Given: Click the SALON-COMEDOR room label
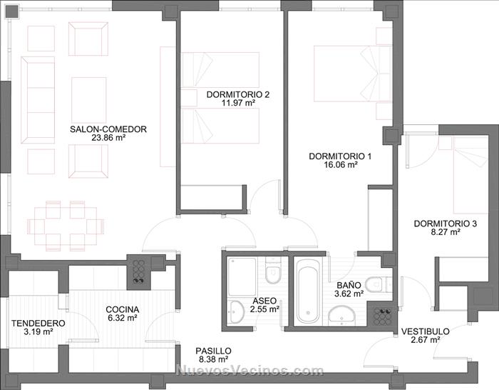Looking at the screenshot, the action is [x=108, y=129].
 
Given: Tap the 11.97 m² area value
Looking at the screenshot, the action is [x=238, y=103].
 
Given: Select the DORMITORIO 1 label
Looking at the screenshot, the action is [x=340, y=156].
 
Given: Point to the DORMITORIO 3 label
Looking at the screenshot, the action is [x=446, y=224].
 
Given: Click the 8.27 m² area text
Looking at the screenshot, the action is [x=446, y=232].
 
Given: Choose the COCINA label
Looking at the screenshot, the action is [x=123, y=309].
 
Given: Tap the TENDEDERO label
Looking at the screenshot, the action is [x=38, y=324].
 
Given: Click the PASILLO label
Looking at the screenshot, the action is [x=213, y=351].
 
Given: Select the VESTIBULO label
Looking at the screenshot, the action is [x=425, y=331].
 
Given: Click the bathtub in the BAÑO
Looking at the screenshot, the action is [x=307, y=291].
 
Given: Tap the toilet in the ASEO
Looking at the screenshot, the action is [x=273, y=271].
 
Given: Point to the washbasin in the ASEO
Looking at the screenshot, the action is [x=236, y=311].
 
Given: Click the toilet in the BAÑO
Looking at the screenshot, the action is [x=376, y=284].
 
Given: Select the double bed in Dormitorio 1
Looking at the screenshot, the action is [x=353, y=74].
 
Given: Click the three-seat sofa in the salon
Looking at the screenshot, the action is [x=38, y=100].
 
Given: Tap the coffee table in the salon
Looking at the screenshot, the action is [x=89, y=100].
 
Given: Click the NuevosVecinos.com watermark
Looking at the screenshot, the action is [x=249, y=371].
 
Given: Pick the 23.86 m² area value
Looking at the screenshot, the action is [x=108, y=138].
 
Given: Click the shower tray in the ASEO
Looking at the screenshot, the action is [x=242, y=277].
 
